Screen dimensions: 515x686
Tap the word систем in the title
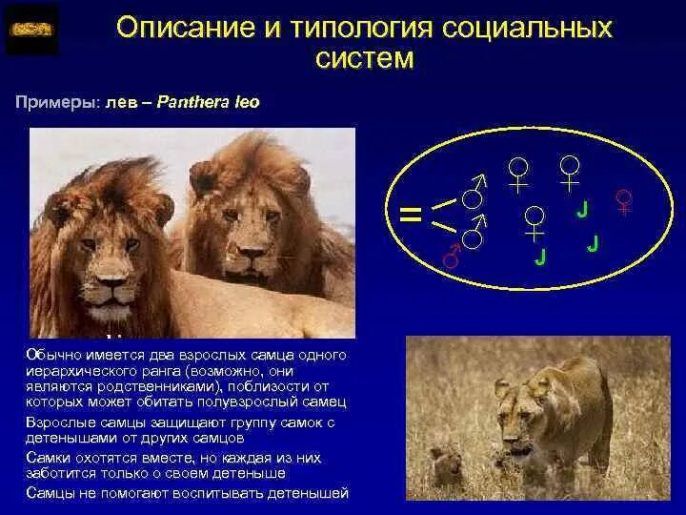pos(365,60)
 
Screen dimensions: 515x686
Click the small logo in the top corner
pos(31,30)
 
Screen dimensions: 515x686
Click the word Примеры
pos(53,101)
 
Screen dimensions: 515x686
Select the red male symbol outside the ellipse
pos(452,255)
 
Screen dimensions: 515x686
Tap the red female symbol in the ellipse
pos(624,202)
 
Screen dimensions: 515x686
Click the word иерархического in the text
pos(80,372)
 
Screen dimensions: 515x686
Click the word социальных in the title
pos(530,29)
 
